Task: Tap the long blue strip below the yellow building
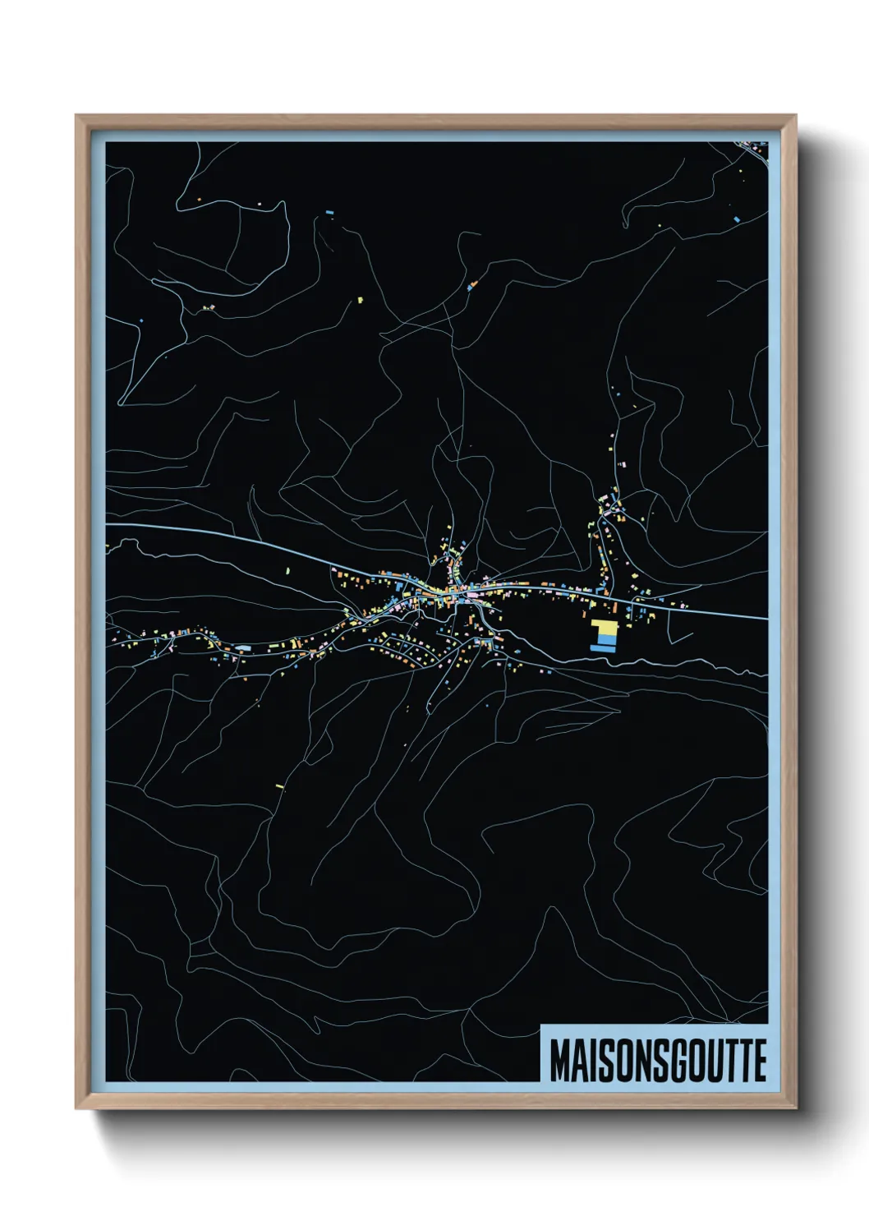click(602, 648)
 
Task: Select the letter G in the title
click(679, 1061)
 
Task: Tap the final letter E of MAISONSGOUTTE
click(760, 1061)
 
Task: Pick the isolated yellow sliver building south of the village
click(279, 786)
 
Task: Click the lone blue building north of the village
click(329, 213)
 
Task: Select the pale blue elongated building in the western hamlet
click(242, 647)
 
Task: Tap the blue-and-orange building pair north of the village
click(472, 286)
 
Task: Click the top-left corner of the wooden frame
click(77, 117)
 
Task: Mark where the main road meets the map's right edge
click(766, 618)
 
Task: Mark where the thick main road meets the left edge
click(107, 524)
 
